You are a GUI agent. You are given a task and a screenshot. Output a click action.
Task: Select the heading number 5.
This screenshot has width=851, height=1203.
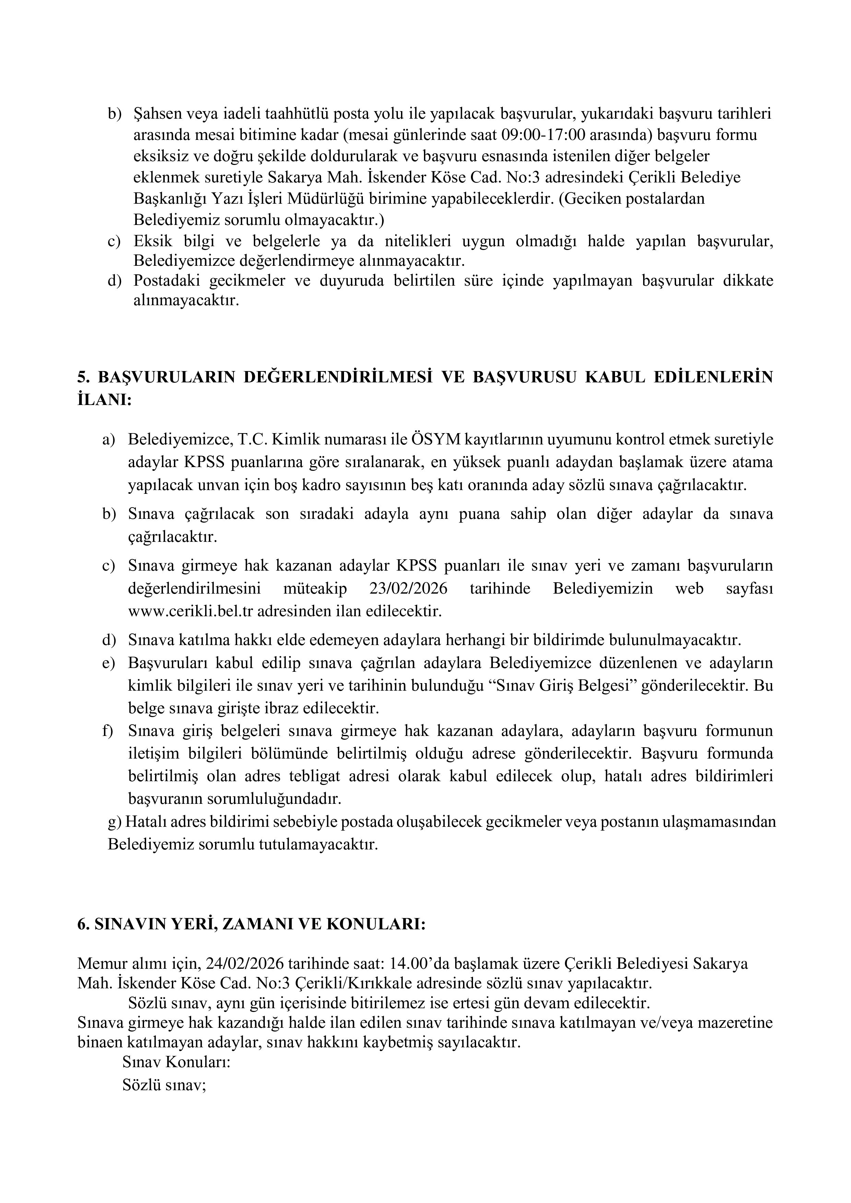click(x=82, y=377)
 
